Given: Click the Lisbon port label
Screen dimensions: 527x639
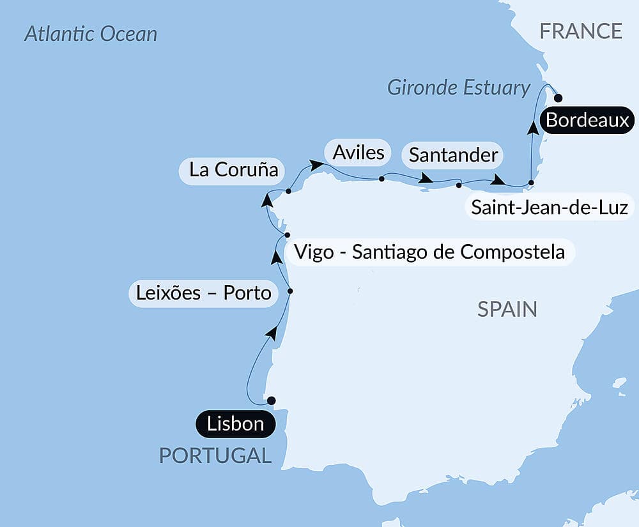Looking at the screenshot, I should [x=236, y=424].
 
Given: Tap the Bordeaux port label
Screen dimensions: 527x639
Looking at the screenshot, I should [x=587, y=120].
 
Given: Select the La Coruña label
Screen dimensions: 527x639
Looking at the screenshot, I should [x=234, y=171].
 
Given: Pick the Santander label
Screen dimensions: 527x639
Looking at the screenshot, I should [x=452, y=155].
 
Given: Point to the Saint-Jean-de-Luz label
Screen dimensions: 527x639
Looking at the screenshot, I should [x=549, y=207].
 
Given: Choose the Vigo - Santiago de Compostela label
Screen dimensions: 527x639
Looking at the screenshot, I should [x=429, y=252].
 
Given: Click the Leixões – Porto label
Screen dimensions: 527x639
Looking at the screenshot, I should [x=204, y=293].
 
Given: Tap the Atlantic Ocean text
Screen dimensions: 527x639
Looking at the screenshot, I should [x=91, y=34].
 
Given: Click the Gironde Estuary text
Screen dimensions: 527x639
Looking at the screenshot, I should [x=459, y=88].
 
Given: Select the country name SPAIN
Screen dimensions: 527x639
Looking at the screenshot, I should [x=507, y=310].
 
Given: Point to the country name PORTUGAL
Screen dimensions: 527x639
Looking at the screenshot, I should [x=215, y=455].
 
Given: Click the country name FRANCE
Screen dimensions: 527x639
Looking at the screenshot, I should [x=581, y=31].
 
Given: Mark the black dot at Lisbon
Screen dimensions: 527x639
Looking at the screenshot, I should [x=271, y=401].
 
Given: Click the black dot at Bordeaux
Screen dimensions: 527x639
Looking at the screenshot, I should [x=558, y=98].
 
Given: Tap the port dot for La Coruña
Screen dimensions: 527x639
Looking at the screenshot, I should [x=288, y=191].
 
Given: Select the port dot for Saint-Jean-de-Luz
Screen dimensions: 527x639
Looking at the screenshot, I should [x=531, y=183].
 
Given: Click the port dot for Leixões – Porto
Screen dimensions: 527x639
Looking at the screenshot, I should [x=290, y=291].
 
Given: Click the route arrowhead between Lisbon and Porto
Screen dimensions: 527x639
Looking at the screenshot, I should [x=272, y=332].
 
